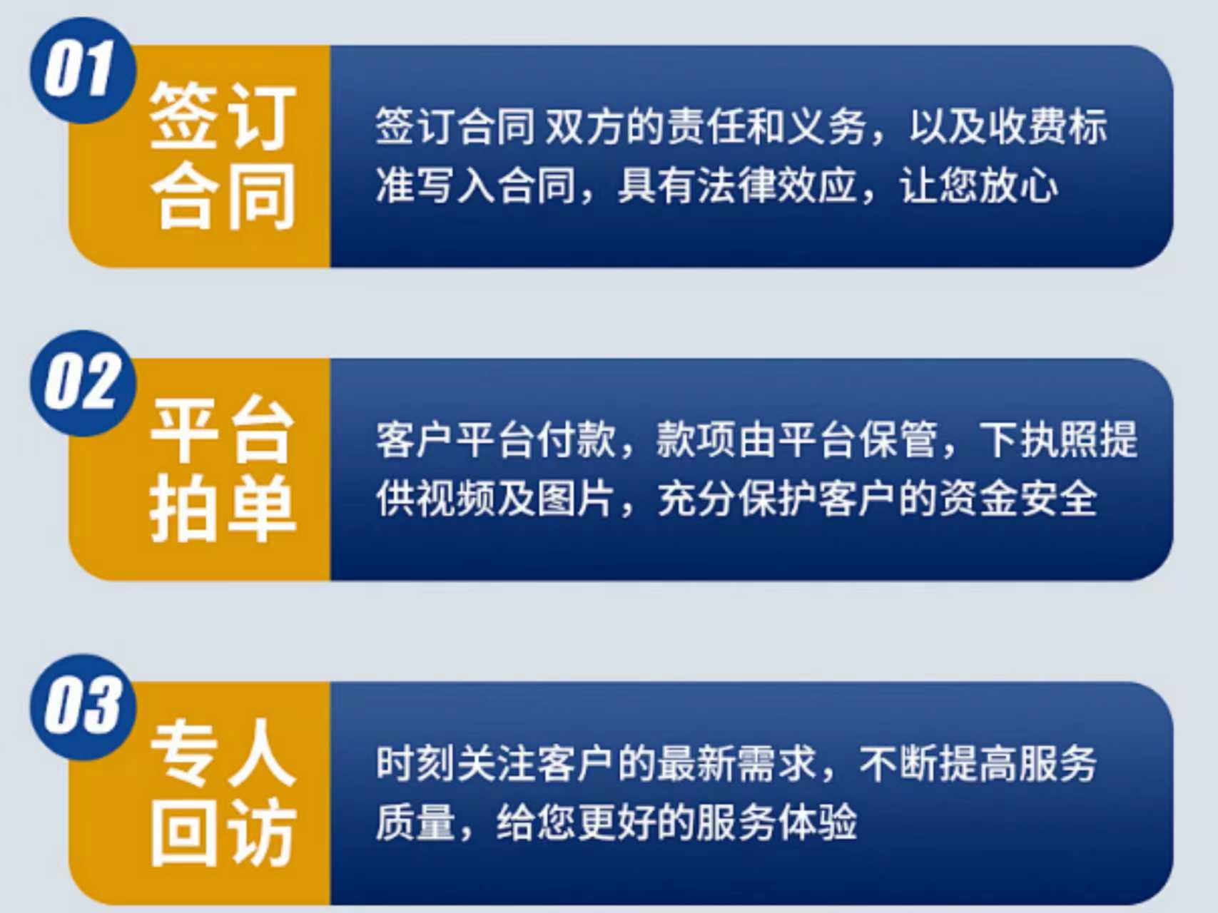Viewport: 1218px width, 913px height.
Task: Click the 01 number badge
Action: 83,70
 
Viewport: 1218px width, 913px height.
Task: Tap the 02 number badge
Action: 83,383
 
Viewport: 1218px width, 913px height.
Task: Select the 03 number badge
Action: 83,706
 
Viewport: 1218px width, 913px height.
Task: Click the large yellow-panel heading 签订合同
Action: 223,155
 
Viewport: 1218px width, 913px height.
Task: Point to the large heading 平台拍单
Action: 223,469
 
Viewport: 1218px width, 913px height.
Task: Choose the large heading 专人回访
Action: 223,792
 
